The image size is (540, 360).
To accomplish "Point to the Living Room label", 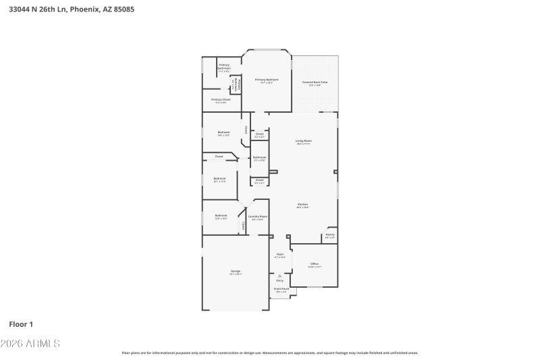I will [303, 142].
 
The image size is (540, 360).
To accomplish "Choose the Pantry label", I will [330, 235].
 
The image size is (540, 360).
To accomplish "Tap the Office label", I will [314, 264].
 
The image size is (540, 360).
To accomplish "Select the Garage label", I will [235, 272].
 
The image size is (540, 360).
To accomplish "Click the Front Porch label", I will [281, 290].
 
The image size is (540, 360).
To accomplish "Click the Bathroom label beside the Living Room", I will [259, 158].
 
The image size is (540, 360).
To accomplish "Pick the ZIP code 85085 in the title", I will [135, 9].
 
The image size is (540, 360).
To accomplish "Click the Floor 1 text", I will [21, 324].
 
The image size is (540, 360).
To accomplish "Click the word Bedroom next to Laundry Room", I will [221, 216].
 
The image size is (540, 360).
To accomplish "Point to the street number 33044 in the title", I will [18, 9].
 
